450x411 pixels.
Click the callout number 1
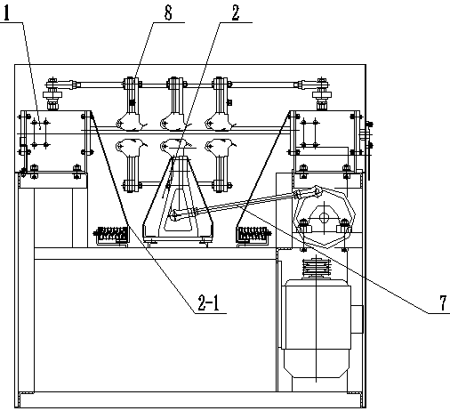tap(6, 12)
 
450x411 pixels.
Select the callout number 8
tap(168, 12)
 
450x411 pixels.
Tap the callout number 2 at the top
tap(236, 12)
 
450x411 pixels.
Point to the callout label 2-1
tap(208, 303)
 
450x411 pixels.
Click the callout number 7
tap(443, 302)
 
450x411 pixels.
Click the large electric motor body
tap(317, 327)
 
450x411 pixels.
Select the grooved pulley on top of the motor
tap(317, 268)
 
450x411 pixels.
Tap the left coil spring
tap(111, 235)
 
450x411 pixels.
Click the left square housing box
tap(55, 141)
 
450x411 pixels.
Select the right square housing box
tap(325, 141)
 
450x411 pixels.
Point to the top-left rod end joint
tap(62, 85)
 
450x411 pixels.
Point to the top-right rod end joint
tap(312, 85)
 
